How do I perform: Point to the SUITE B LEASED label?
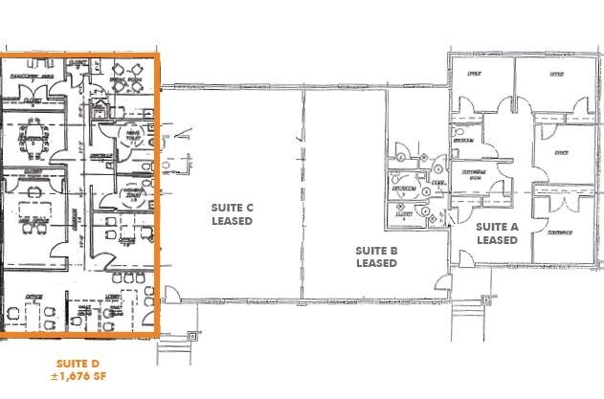point(376,255)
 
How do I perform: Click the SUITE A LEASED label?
point(497,233)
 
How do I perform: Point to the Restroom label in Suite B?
point(404,188)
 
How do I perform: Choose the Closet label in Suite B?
point(403,215)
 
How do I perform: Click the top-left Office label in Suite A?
point(473,74)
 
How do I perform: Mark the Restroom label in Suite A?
point(464,139)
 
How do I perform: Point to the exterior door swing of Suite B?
point(441,283)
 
